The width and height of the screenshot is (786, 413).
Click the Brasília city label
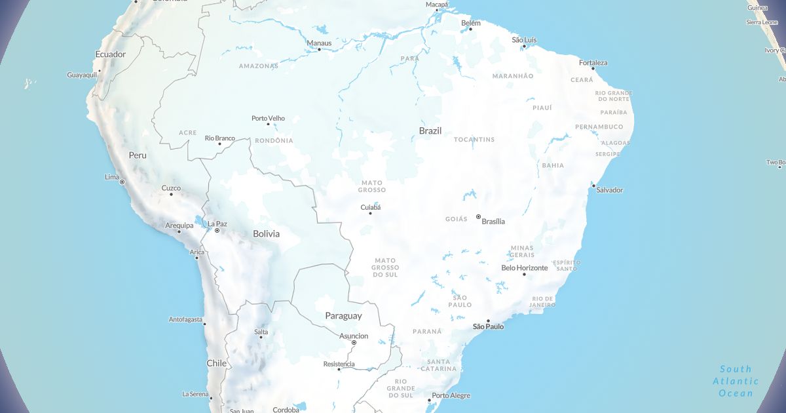coord(493,222)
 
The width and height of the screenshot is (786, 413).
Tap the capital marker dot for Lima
coord(122,182)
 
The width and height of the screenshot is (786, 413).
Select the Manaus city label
coord(319,43)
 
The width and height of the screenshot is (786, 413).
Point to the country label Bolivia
coord(267,234)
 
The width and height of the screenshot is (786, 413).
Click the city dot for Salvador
coord(593,186)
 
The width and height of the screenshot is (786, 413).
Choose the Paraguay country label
coord(343,316)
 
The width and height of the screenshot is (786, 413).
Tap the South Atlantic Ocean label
coord(736,381)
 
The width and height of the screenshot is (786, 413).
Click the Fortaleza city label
coord(593,63)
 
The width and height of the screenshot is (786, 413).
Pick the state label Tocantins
coord(474,140)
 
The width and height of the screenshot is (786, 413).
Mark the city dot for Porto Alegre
coord(429,400)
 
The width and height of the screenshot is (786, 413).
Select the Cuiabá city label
coord(371,208)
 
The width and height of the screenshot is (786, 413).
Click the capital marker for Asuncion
coord(354,343)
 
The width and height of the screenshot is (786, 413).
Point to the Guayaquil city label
coord(82,75)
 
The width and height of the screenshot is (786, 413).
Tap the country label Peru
coord(138,155)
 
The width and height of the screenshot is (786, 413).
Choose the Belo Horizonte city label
coord(524,267)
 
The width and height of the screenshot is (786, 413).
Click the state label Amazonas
coord(259,66)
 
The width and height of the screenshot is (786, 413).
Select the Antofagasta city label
coord(186,320)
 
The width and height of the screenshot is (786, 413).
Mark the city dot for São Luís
coord(525,46)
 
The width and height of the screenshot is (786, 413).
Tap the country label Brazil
coord(430,130)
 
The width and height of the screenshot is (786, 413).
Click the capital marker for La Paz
coord(217,231)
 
